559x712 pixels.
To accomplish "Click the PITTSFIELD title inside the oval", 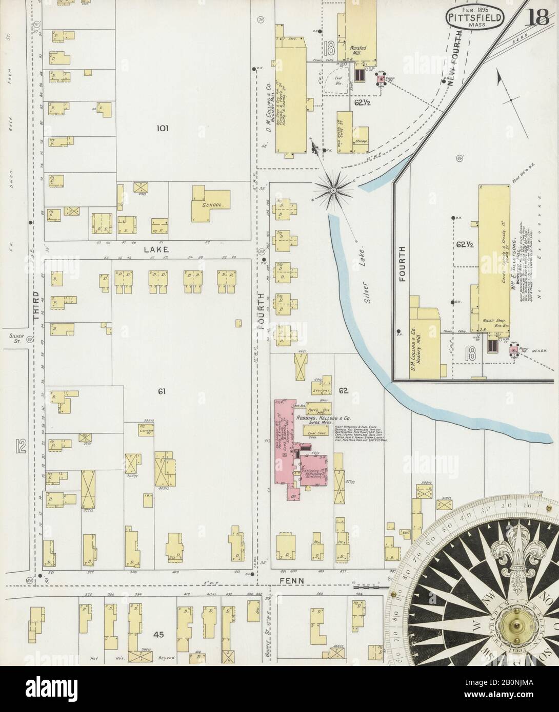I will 473,16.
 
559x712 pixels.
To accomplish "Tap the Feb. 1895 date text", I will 473,8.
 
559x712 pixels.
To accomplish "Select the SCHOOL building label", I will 212,204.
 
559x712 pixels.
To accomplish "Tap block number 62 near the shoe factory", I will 343,392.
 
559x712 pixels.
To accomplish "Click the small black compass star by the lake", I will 333,191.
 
